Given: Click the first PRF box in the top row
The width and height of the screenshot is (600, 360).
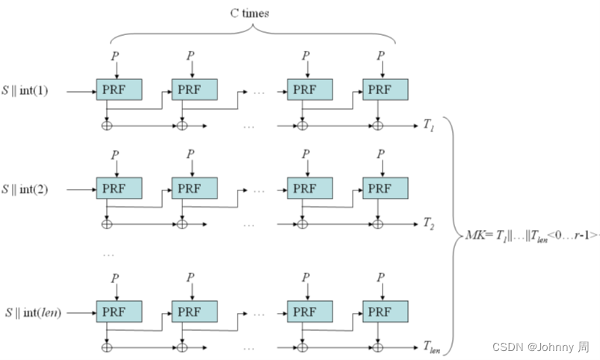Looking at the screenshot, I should pyautogui.click(x=119, y=90).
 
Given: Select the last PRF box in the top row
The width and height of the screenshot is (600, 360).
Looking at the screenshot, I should pyautogui.click(x=386, y=90).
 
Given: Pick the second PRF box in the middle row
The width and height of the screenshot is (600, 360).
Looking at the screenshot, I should pyautogui.click(x=194, y=188).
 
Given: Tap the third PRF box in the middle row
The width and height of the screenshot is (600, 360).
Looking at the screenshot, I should pyautogui.click(x=310, y=188).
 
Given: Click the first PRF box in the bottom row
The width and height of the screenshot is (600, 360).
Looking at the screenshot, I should pyautogui.click(x=119, y=311).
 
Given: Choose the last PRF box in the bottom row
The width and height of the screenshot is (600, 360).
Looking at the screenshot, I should pyautogui.click(x=386, y=311).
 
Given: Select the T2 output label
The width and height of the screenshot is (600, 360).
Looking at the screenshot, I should pyautogui.click(x=428, y=223).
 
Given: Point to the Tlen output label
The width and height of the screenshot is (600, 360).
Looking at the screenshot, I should pyautogui.click(x=431, y=347).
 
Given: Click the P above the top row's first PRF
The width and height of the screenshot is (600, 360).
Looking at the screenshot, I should pyautogui.click(x=114, y=56).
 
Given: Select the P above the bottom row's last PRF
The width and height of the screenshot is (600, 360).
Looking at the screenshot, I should pyautogui.click(x=381, y=277).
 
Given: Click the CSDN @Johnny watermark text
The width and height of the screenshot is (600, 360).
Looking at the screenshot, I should pyautogui.click(x=541, y=347).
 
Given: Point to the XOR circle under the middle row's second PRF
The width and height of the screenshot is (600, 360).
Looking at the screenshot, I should pyautogui.click(x=182, y=223).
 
